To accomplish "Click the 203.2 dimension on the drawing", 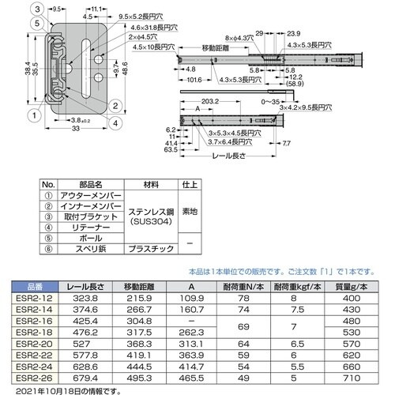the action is [210, 102].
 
